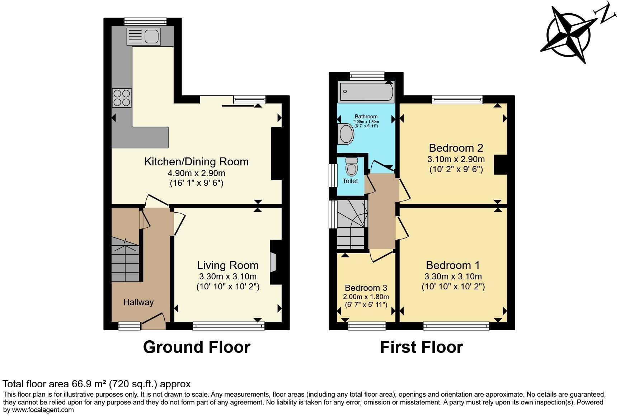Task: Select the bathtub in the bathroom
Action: point(366,91)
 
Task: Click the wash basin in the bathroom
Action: point(346,134)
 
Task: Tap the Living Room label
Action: point(227,265)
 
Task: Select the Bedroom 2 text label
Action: point(456,148)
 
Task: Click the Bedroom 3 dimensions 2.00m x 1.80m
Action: point(366,297)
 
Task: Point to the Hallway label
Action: point(138,302)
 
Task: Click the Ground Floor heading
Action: point(197,347)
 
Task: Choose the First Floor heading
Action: point(421,347)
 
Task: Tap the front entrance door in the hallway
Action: point(154,320)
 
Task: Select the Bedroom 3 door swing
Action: point(381,256)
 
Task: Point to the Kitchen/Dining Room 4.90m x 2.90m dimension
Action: point(196,173)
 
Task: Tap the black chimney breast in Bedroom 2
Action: point(500,165)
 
